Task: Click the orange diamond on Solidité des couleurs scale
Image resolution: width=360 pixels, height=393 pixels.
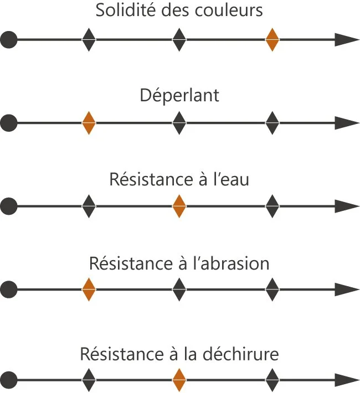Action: point(272,40)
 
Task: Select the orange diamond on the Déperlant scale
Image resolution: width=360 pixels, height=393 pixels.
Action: point(89,123)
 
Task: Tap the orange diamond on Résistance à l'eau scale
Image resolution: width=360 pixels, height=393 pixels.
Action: point(178,206)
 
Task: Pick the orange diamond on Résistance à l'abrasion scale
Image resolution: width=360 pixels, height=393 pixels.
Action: point(89,289)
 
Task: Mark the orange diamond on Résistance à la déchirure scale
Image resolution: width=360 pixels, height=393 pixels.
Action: point(178,381)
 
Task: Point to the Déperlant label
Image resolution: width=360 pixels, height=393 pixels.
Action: point(179,95)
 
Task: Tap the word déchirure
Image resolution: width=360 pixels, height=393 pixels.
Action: point(246,354)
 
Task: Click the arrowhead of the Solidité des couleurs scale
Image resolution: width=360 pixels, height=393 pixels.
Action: point(347,40)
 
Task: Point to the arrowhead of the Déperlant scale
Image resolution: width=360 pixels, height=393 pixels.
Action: point(347,123)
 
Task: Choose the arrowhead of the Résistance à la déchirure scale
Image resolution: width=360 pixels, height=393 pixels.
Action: point(347,381)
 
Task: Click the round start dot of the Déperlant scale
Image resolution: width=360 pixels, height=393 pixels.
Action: point(9,123)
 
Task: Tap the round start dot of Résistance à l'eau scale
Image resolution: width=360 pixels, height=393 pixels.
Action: point(9,206)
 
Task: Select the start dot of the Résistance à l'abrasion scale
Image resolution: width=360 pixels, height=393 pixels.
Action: point(9,289)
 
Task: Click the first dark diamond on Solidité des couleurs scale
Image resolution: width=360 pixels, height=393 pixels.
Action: point(89,40)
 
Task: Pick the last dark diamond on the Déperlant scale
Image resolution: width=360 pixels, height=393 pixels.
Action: point(272,123)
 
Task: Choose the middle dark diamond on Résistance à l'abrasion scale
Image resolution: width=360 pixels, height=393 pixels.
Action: point(178,289)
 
